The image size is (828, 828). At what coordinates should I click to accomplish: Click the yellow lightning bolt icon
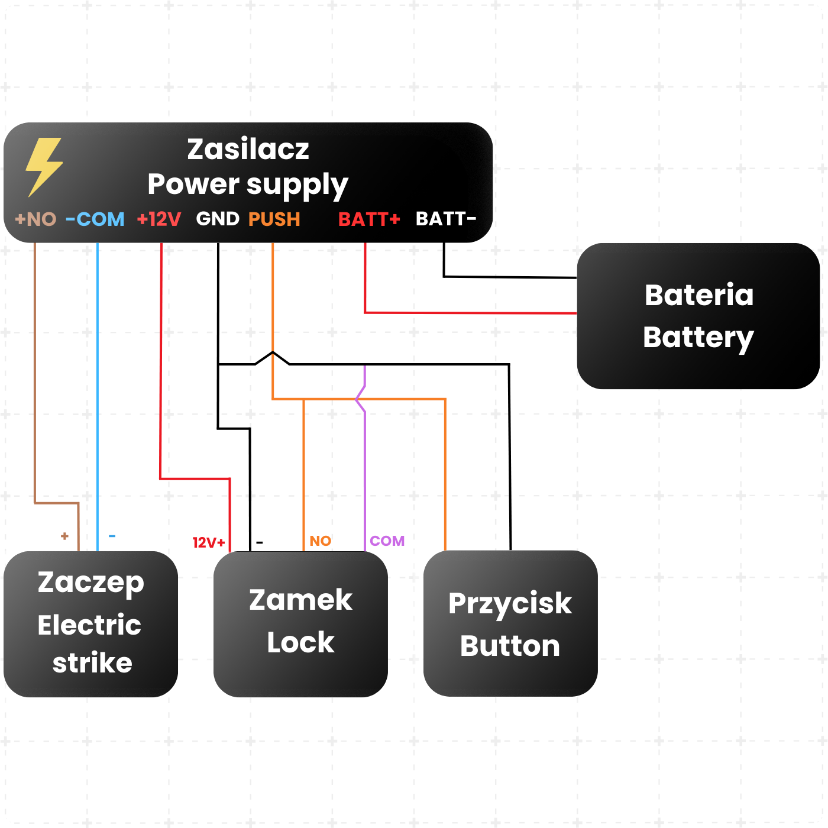click(x=44, y=167)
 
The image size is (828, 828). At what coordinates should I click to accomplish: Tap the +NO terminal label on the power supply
click(x=35, y=219)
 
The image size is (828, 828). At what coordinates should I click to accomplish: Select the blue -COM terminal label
click(x=95, y=219)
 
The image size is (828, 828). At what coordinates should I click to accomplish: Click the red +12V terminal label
click(x=159, y=219)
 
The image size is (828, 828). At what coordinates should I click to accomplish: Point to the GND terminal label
click(x=218, y=219)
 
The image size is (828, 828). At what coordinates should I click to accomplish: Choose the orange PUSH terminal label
click(x=274, y=219)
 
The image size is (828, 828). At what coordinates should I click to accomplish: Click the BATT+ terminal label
click(x=369, y=219)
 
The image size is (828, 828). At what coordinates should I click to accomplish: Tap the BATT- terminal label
click(x=445, y=219)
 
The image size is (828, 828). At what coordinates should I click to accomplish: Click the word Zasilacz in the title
click(x=248, y=149)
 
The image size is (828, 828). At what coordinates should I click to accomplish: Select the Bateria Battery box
click(x=698, y=316)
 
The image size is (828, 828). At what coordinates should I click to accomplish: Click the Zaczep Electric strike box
click(x=90, y=624)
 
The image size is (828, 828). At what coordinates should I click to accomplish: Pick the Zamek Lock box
click(x=300, y=624)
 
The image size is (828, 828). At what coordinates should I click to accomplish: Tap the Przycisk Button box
click(x=510, y=623)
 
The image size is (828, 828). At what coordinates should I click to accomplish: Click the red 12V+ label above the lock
click(x=209, y=542)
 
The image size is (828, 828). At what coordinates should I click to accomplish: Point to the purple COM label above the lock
click(x=387, y=541)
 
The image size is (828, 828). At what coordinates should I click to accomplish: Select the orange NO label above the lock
click(x=321, y=541)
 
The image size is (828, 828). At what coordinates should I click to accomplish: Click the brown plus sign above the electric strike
click(x=64, y=536)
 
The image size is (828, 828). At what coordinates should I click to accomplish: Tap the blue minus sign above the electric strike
click(x=112, y=536)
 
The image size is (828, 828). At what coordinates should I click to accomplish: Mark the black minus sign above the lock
click(x=259, y=543)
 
